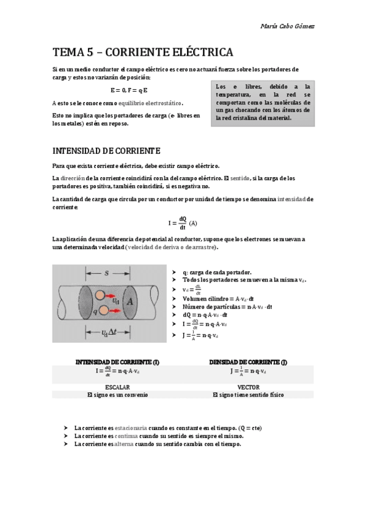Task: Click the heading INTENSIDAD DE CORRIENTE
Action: click(x=106, y=150)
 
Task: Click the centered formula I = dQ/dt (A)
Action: click(x=183, y=223)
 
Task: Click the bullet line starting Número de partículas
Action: click(x=227, y=307)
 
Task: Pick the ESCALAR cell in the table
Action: click(x=117, y=387)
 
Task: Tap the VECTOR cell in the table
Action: click(x=248, y=387)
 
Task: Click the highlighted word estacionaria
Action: click(x=128, y=428)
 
